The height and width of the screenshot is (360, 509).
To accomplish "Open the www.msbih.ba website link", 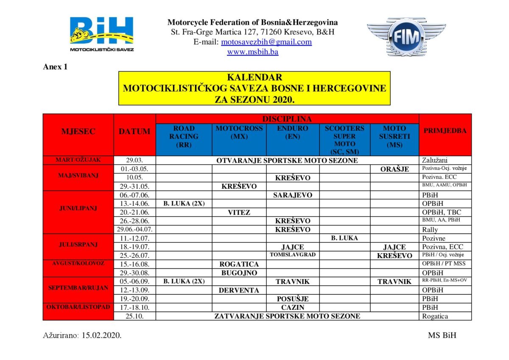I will click(x=252, y=52).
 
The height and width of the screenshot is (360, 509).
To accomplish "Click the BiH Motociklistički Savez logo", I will click(x=102, y=34).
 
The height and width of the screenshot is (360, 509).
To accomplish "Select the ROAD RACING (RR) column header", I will click(x=184, y=136).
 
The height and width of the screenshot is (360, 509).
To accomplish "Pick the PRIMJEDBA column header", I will click(x=445, y=131).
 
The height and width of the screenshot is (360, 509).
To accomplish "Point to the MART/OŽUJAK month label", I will click(x=78, y=160).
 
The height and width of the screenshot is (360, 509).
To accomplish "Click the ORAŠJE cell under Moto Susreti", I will click(x=394, y=169).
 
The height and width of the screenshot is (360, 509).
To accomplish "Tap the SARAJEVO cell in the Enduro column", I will click(x=293, y=195).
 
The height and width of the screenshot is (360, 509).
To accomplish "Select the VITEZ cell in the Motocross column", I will click(x=239, y=212).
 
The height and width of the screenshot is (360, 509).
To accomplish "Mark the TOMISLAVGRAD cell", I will click(x=293, y=255).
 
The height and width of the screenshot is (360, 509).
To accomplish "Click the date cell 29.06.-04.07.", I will click(x=134, y=230).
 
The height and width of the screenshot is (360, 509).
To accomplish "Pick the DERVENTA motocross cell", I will click(x=239, y=290).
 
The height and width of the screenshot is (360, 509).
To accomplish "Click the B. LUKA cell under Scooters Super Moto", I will click(x=344, y=238).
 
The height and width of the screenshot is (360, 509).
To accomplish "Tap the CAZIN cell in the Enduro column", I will click(x=293, y=307).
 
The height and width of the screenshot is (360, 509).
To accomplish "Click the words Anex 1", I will click(x=55, y=67).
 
